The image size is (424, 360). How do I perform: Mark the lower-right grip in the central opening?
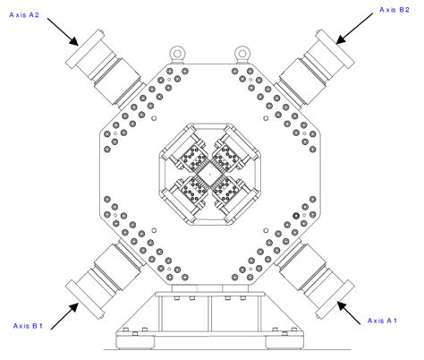(x=231, y=189)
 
